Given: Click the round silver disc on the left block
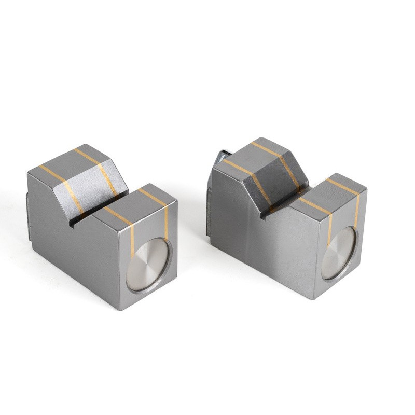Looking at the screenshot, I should tap(147, 264).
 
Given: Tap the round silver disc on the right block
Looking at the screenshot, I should tap(339, 253).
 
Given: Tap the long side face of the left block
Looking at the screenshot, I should tap(73, 244).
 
